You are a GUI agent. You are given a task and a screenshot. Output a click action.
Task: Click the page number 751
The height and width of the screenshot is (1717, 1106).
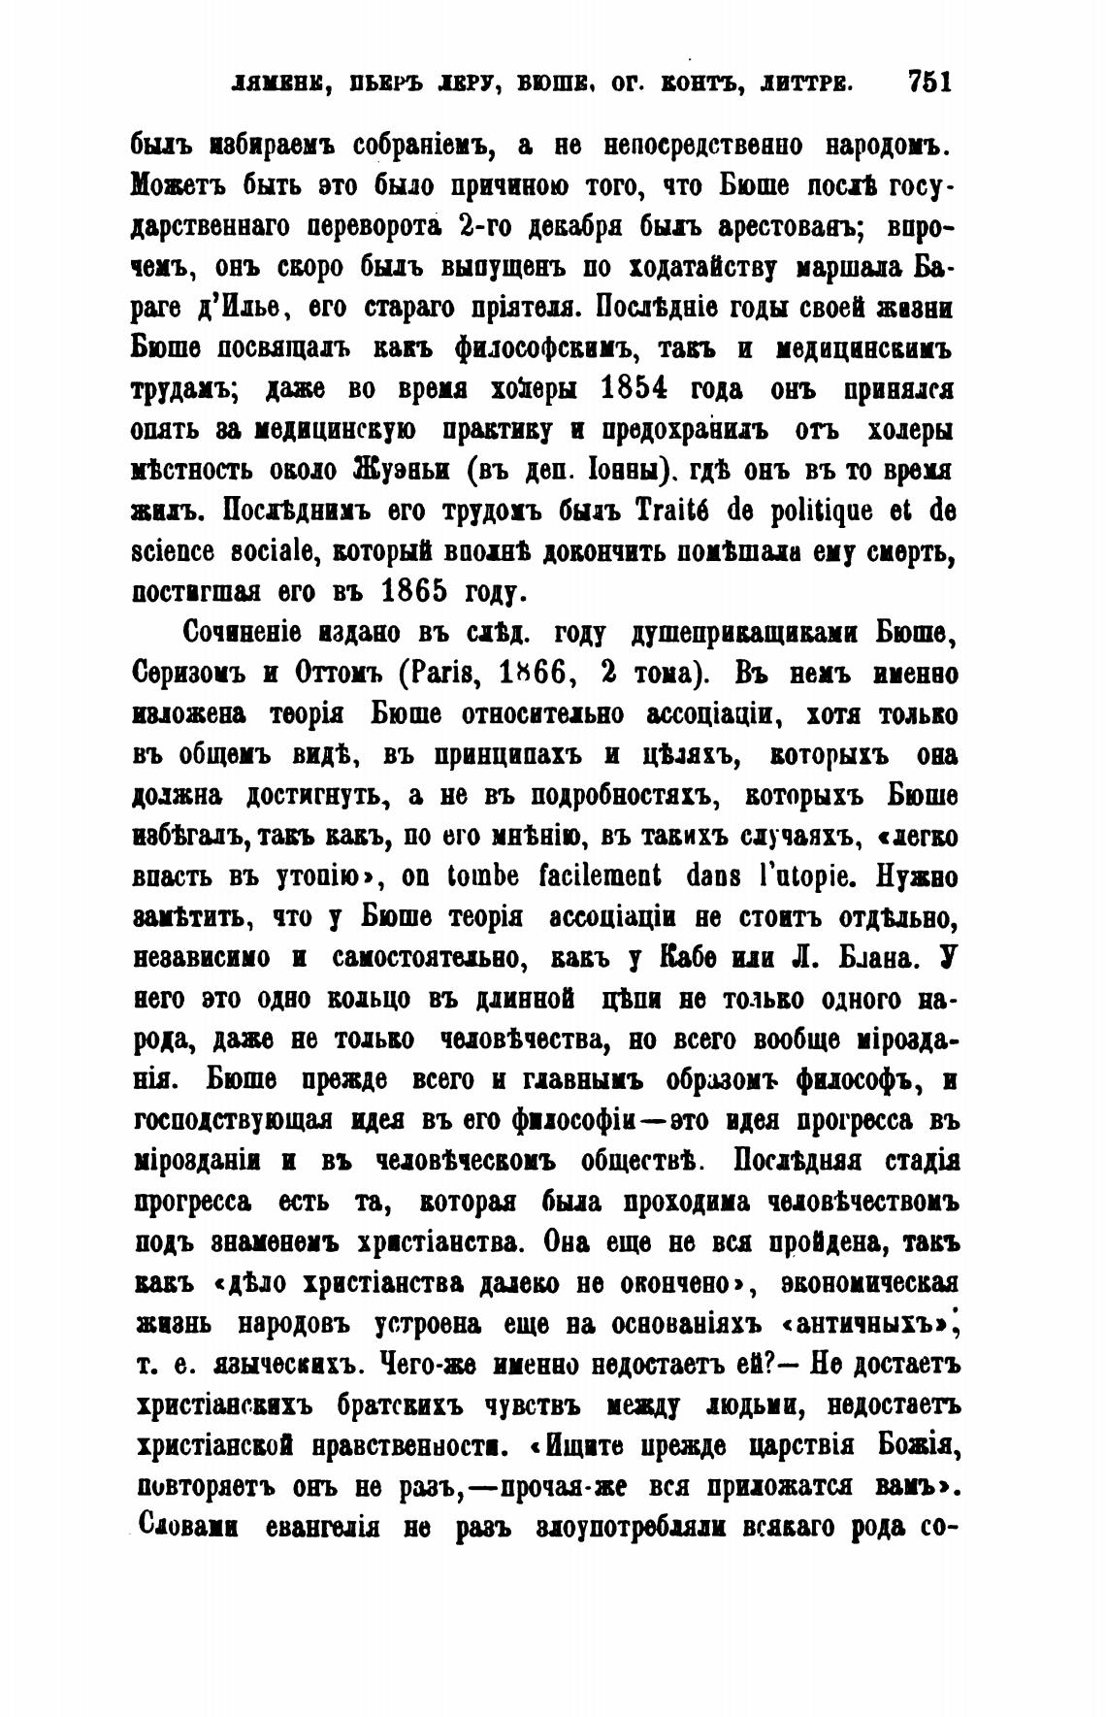(928, 82)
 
